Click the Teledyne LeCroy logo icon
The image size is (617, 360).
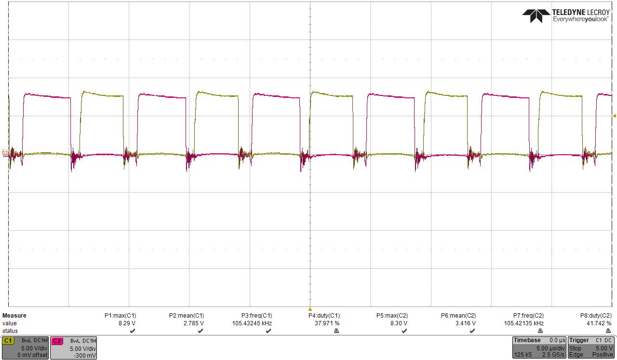click(536, 15)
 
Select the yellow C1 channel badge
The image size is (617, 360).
click(8, 341)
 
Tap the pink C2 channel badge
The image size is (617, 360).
click(56, 341)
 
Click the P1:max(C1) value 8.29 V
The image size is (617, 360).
click(127, 323)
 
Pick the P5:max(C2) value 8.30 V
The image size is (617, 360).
click(398, 323)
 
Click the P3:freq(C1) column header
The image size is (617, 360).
click(256, 316)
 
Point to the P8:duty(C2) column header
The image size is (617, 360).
click(596, 316)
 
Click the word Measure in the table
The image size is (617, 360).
click(14, 316)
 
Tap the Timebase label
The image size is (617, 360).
click(527, 340)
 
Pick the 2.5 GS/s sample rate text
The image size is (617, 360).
click(553, 355)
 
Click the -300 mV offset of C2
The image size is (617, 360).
click(87, 355)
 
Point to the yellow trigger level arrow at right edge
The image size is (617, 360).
click(614, 116)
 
